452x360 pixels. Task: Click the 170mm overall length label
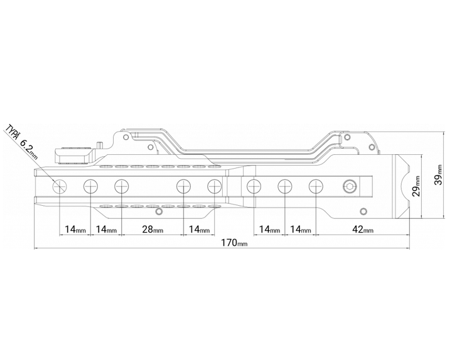coord(234,243)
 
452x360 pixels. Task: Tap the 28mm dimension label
coord(153,230)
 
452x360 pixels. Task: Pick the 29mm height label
coord(416,186)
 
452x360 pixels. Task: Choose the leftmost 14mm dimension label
coord(75,230)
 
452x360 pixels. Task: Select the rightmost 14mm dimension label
coord(300,230)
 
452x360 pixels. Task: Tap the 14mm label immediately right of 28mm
coord(199,230)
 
